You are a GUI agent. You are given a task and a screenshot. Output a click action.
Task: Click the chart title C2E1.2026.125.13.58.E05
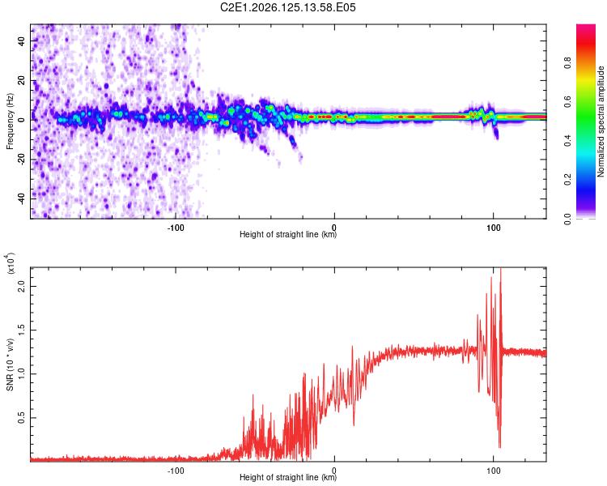click(287, 7)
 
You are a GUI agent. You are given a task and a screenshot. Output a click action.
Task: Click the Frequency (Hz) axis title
click(10, 122)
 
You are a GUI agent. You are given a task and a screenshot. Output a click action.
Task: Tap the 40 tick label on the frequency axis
click(22, 40)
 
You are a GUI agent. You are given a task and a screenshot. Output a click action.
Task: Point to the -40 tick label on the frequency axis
click(22, 199)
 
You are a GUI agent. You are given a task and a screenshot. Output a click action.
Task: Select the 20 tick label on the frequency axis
click(22, 81)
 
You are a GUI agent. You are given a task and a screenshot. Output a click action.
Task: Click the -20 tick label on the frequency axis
click(22, 160)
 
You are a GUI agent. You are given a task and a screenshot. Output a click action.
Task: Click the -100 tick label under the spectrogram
click(176, 228)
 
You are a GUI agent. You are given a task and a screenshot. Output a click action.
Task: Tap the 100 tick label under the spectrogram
click(493, 228)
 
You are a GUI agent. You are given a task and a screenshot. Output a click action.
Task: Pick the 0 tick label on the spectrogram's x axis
click(334, 228)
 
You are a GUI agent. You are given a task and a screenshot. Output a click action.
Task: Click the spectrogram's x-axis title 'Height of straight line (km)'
click(288, 234)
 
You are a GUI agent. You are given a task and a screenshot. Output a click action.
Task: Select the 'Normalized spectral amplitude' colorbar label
click(601, 122)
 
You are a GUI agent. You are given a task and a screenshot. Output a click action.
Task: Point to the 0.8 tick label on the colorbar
click(567, 62)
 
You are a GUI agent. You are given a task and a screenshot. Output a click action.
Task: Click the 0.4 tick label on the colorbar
click(567, 141)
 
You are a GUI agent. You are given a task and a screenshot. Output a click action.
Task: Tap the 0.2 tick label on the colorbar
click(567, 180)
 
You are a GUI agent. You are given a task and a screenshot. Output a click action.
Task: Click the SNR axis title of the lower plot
click(10, 364)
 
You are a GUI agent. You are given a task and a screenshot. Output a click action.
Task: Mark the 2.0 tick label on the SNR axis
click(22, 287)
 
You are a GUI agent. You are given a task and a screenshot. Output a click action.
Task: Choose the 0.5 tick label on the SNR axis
click(22, 418)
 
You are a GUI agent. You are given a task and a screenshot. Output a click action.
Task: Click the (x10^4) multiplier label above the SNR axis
click(10, 263)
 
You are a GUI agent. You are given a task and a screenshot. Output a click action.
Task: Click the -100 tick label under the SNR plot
click(176, 471)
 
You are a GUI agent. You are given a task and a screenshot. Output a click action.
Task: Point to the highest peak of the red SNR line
click(501, 268)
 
